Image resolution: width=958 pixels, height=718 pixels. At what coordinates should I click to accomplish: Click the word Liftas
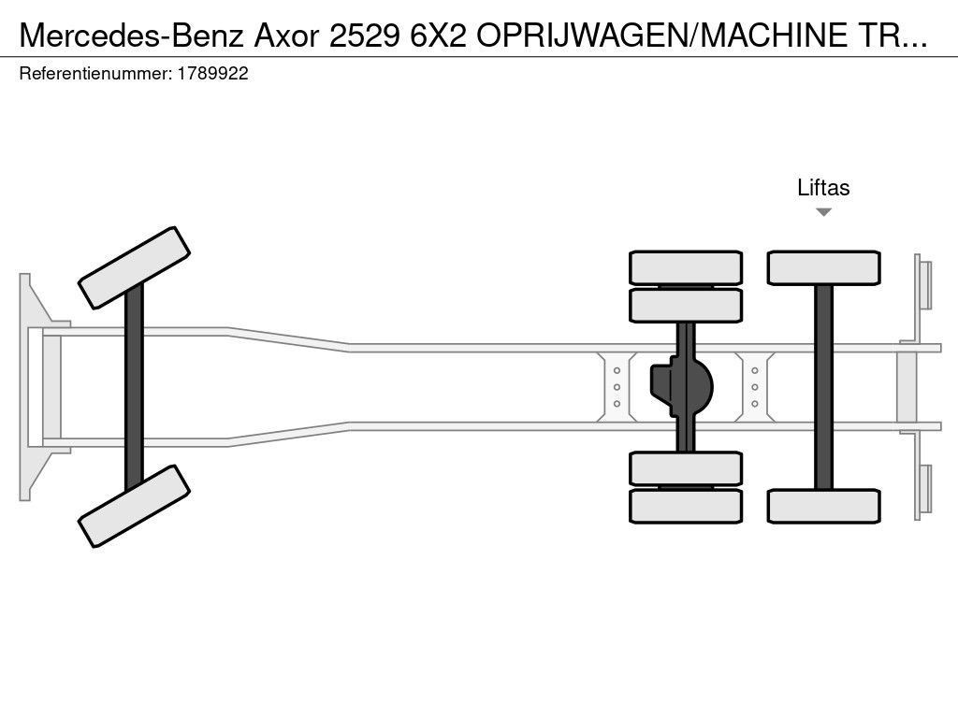823,187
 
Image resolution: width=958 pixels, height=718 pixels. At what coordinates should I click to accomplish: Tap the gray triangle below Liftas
823,212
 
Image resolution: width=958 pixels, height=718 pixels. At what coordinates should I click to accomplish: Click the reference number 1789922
212,74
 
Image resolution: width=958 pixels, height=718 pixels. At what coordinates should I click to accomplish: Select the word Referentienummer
95,74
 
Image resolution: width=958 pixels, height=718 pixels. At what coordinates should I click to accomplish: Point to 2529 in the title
364,36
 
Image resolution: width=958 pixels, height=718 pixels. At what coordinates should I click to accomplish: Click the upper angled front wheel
135,268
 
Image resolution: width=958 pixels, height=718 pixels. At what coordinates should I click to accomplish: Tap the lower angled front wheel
135,506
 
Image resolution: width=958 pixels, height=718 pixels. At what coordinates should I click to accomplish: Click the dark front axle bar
134,387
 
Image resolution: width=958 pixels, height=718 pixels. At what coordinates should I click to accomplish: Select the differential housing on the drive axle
682,387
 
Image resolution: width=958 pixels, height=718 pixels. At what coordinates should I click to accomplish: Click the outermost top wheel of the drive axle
686,267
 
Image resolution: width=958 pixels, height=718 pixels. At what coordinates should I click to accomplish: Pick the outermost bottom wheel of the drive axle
686,506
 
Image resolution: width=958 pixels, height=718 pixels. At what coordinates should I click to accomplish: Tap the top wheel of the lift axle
823,267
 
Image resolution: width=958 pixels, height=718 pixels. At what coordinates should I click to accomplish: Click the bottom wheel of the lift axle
823,506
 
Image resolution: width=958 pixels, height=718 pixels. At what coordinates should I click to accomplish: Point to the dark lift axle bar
823,387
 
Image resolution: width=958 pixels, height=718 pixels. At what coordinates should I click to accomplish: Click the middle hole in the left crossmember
617,387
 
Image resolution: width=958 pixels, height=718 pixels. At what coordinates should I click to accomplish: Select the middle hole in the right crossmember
755,387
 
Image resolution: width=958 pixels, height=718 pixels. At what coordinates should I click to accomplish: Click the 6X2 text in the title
438,36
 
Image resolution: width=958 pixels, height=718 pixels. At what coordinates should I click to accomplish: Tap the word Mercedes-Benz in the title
131,36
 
